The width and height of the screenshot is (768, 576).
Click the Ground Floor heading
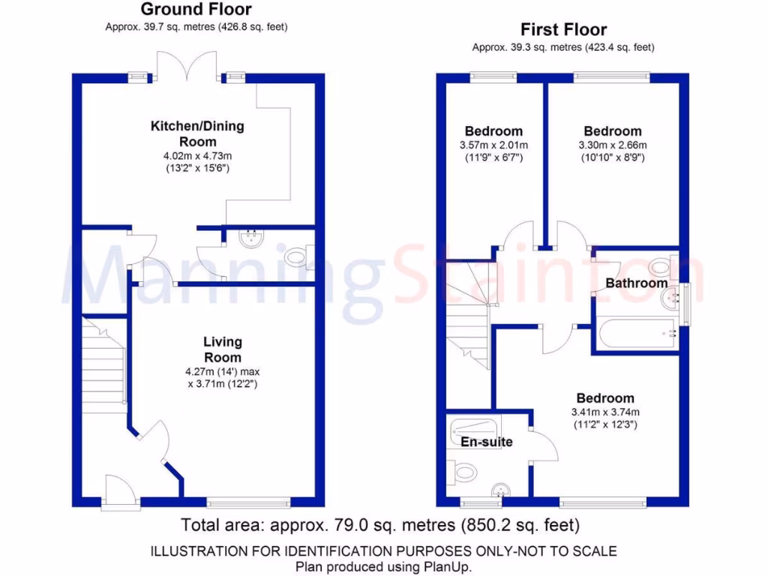[196, 10]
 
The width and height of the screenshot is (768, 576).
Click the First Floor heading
[563, 30]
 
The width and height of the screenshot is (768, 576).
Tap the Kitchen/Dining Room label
[197, 133]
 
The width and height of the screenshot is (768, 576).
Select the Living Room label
[223, 349]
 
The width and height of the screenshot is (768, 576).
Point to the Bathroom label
[636, 283]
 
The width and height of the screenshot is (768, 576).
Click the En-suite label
[486, 442]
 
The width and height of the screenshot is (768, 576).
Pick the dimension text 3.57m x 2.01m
[493, 145]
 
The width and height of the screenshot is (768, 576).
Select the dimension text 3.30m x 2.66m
[613, 145]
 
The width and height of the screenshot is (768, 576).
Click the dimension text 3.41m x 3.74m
[604, 412]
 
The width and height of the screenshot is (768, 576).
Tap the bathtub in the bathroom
[637, 332]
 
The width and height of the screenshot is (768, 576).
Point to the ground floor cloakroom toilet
[298, 257]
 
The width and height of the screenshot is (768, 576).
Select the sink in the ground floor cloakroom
[249, 238]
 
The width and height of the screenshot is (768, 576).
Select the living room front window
[248, 502]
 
